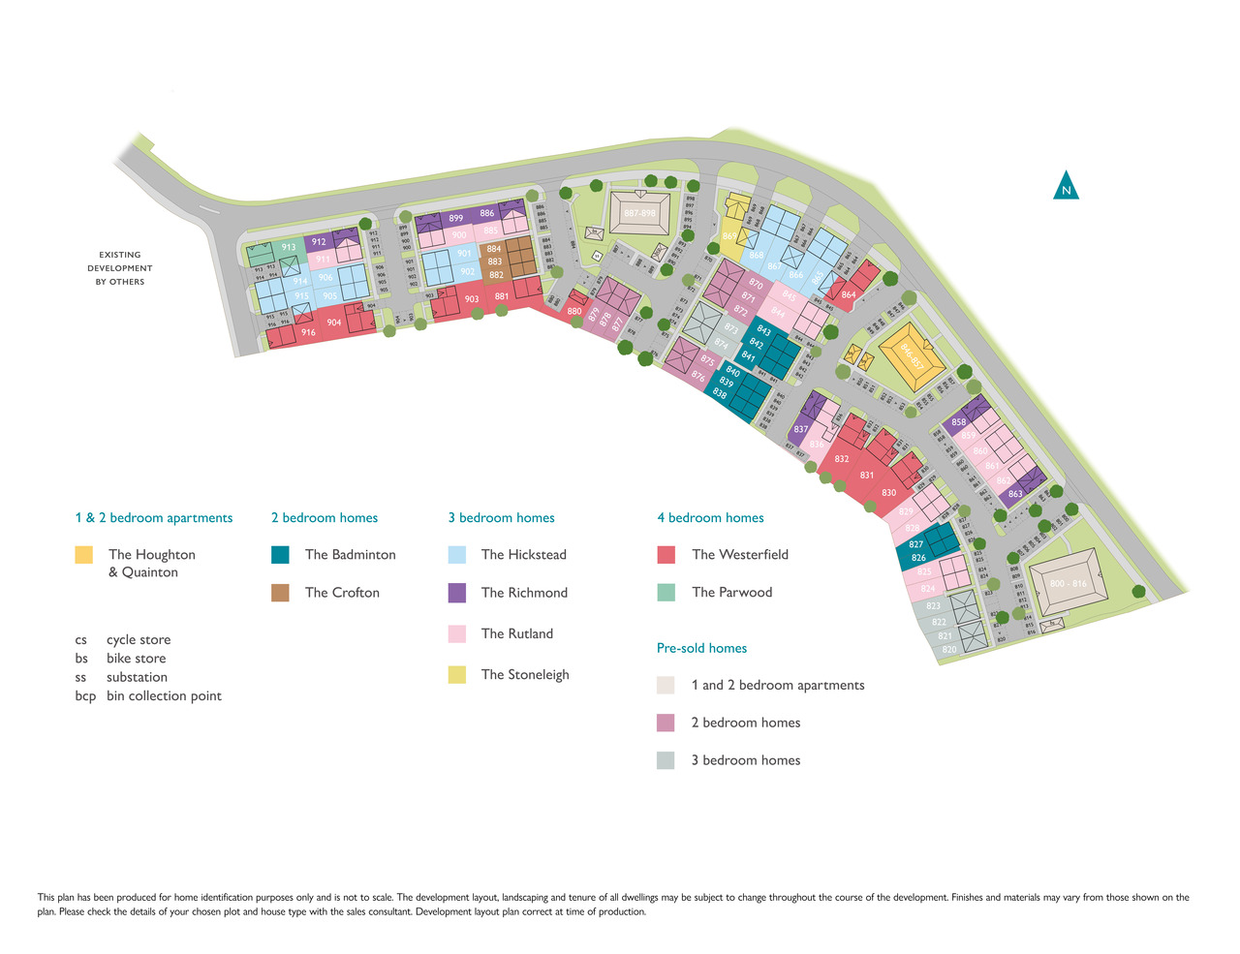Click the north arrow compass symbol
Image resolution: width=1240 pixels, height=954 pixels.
tap(1066, 186)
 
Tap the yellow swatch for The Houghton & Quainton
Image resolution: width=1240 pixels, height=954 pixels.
tap(84, 555)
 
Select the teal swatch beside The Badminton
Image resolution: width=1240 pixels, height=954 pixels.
tap(280, 555)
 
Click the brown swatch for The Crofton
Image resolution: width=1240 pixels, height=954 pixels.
tap(280, 593)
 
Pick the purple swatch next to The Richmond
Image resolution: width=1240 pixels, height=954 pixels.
tap(457, 593)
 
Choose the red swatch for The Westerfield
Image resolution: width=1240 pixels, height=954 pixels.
tap(666, 555)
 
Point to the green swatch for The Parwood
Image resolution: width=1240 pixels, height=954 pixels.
tap(666, 593)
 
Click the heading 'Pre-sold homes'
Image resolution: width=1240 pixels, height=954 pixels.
tap(701, 648)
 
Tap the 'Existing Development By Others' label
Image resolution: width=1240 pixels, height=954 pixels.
tap(120, 268)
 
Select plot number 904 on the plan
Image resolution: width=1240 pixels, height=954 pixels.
tap(334, 323)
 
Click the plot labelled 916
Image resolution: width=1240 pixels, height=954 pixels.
tap(308, 332)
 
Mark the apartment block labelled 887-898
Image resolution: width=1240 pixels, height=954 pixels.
tap(639, 213)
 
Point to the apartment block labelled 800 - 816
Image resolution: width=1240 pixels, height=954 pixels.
tap(1068, 584)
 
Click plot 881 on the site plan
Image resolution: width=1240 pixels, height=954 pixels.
tap(502, 296)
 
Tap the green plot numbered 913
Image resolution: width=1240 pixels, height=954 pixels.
tap(289, 248)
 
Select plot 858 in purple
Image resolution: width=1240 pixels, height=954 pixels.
tap(958, 422)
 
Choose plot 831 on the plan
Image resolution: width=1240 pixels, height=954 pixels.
tap(867, 475)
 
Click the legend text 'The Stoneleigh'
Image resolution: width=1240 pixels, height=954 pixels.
tap(525, 675)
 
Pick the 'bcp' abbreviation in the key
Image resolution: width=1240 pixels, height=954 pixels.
tap(85, 696)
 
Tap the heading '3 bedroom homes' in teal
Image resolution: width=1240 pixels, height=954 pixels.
tap(501, 518)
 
